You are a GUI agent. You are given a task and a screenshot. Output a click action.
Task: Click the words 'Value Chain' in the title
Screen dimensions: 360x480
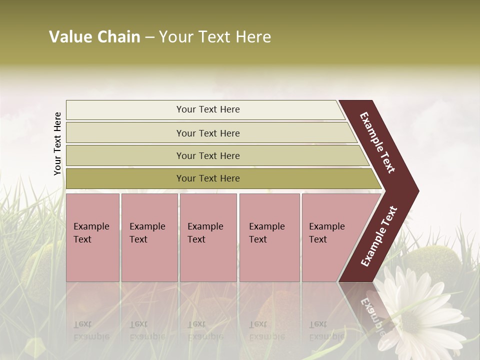coord(94,37)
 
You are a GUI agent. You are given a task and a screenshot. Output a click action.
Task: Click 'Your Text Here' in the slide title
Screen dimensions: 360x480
coord(215,37)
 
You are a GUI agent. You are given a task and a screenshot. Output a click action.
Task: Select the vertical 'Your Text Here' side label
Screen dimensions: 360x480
coord(57,143)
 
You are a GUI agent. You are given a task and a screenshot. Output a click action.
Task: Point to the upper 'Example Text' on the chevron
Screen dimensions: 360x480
coord(378,142)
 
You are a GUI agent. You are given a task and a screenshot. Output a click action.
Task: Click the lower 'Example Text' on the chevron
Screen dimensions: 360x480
coord(379,236)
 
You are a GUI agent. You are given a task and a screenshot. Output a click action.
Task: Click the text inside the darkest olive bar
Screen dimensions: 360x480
coord(208,178)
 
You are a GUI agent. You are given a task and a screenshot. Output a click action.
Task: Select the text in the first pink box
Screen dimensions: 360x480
coord(91,233)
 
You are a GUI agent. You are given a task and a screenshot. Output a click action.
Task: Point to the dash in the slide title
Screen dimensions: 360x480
coord(149,37)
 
